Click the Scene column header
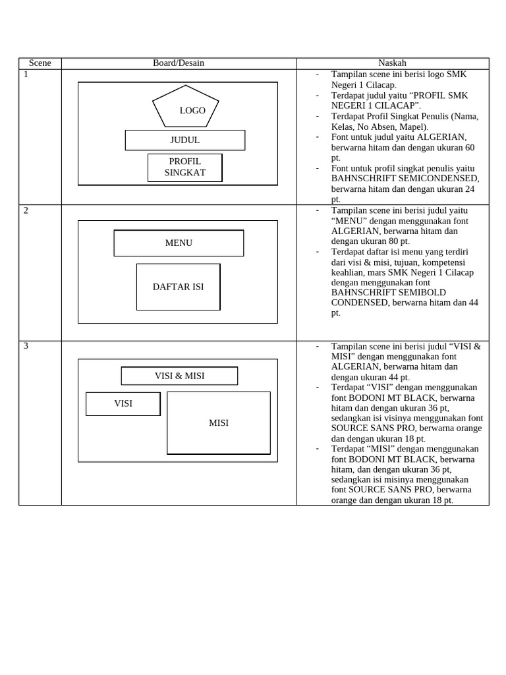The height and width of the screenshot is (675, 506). (x=40, y=63)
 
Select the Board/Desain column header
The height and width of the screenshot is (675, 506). (x=179, y=63)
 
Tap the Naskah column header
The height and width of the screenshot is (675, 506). (x=392, y=63)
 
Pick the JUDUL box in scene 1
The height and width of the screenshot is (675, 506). (x=185, y=140)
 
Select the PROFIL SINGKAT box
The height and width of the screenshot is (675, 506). (x=185, y=167)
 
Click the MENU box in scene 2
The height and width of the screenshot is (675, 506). (x=179, y=243)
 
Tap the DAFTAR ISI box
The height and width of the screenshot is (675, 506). (x=179, y=287)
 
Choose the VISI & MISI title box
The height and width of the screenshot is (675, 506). (x=179, y=376)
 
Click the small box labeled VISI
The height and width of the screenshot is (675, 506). (x=123, y=403)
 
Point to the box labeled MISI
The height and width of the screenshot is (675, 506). (x=219, y=423)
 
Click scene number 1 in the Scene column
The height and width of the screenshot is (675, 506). (x=26, y=74)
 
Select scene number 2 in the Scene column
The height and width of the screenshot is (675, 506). (x=26, y=210)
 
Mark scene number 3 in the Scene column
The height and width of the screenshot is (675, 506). (x=26, y=346)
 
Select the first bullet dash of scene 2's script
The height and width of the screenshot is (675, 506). (x=317, y=210)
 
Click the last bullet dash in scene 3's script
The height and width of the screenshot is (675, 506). (x=317, y=448)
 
